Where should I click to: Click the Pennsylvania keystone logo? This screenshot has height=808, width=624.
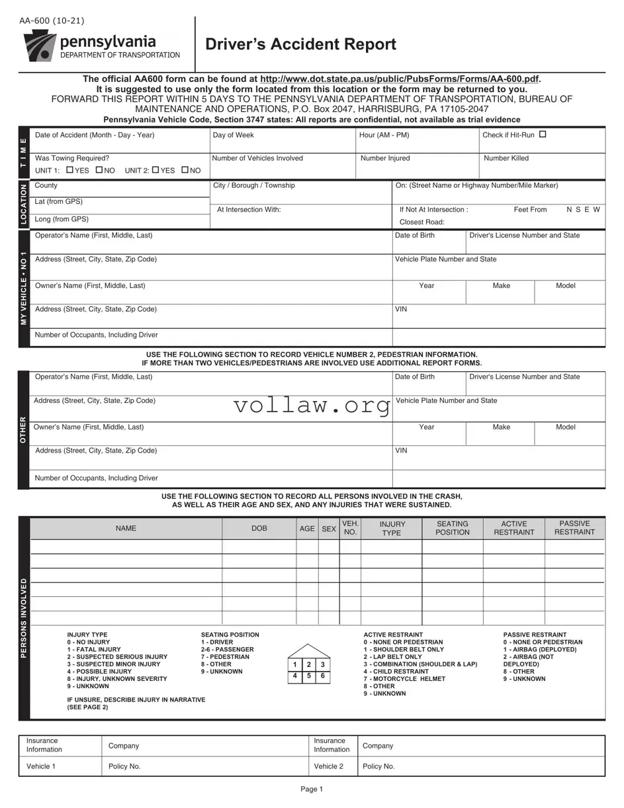point(40,46)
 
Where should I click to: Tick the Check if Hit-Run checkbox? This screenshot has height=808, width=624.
point(543,134)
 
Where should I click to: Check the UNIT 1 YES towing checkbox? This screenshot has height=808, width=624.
point(70,170)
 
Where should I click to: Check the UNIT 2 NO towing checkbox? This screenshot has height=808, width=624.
point(185,170)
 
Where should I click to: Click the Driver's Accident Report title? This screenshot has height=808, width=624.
point(300,44)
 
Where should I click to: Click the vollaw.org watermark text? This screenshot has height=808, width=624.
point(312,405)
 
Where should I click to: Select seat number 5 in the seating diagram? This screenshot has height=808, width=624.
point(308,676)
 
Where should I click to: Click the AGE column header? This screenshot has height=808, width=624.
point(307,529)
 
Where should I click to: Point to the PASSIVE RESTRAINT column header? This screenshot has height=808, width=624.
point(574,528)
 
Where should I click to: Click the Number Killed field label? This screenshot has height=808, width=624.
point(506,158)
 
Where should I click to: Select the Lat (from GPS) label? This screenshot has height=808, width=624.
point(59,202)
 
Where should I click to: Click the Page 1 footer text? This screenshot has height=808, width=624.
point(312,789)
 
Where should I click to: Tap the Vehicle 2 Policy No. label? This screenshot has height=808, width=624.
point(379,766)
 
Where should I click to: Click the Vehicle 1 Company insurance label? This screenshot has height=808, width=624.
point(124,746)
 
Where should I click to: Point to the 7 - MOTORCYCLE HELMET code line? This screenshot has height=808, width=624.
point(404,679)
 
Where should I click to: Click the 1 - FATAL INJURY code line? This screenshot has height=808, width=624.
point(94,650)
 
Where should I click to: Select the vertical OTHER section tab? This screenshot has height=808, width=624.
point(24,430)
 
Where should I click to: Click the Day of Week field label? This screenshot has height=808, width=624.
point(233,135)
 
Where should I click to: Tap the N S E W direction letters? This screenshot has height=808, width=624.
point(583,209)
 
